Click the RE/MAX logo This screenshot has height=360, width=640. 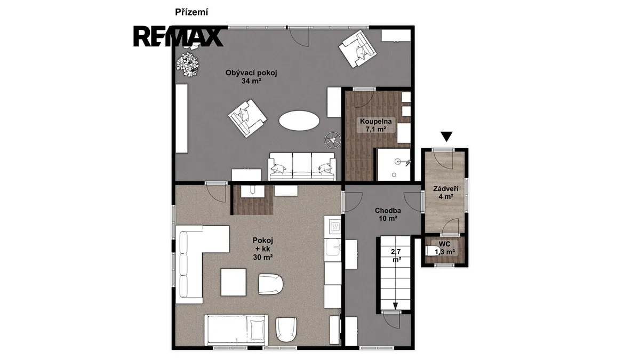point(178,37)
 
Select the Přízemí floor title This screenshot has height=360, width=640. point(191,12)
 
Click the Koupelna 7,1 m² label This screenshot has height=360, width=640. point(375,125)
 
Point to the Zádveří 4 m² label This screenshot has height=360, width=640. point(446,193)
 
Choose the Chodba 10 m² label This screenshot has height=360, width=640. point(388,214)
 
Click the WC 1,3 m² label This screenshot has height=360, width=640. point(445,248)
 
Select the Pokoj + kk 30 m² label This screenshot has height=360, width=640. point(263,249)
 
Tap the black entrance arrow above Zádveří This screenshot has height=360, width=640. point(446,137)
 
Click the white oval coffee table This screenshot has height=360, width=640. point(299,121)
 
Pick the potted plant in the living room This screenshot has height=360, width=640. point(187,65)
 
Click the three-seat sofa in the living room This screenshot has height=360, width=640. point(302,166)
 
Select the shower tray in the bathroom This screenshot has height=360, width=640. point(394,164)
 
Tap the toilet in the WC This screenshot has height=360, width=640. point(431,251)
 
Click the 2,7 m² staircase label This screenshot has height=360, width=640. point(396,255)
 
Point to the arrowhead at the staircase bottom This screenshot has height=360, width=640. point(395,306)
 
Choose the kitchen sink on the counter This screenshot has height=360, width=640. point(333,247)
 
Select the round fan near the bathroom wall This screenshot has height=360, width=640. point(333,140)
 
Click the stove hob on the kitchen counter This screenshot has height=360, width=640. point(334,227)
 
